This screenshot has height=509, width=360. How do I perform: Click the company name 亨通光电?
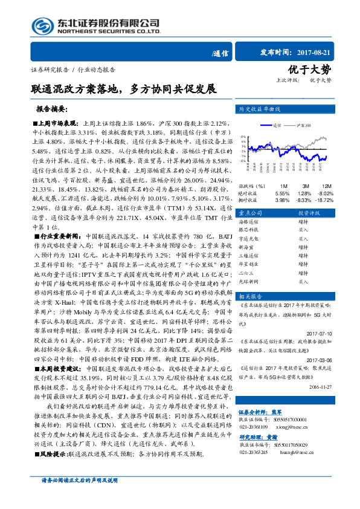click(x=251, y=239)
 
